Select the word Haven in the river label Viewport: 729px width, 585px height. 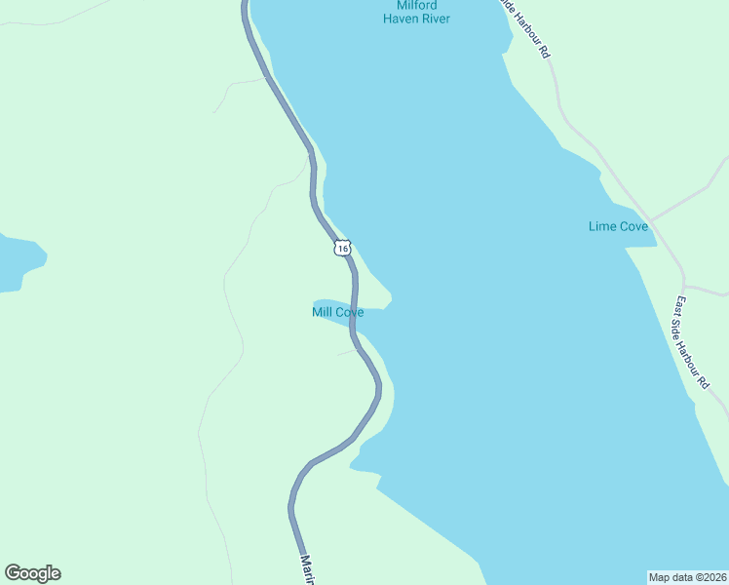[400, 19]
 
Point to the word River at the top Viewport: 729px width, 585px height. [435, 19]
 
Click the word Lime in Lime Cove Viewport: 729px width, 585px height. [601, 226]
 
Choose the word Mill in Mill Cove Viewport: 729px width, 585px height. [323, 312]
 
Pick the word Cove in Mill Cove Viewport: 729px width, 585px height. [349, 312]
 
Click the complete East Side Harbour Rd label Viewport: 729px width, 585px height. [691, 342]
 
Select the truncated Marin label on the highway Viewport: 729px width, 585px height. [307, 569]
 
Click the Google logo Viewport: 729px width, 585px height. [32, 573]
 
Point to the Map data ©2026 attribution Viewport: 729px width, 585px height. [687, 577]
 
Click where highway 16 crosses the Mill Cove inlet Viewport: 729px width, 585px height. [352, 314]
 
